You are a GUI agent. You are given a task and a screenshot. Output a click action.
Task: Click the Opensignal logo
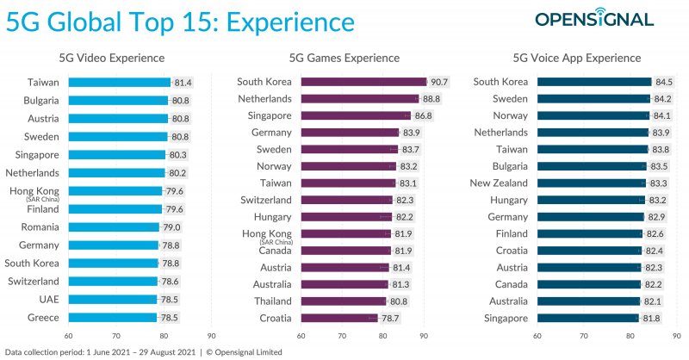click(606, 19)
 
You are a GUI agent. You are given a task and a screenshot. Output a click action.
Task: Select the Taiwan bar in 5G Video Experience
click(119, 83)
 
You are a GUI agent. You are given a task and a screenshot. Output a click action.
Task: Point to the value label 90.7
click(438, 83)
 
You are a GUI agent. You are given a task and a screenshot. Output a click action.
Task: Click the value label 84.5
click(664, 83)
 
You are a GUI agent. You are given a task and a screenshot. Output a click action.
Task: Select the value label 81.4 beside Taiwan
click(183, 83)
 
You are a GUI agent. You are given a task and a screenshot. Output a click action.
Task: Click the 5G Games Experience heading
click(356, 58)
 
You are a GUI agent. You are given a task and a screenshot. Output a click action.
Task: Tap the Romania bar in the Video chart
click(114, 227)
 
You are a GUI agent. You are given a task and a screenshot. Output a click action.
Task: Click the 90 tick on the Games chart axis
click(424, 336)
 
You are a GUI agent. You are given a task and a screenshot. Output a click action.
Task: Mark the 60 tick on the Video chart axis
click(68, 336)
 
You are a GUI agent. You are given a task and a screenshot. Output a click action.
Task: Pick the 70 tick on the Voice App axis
click(578, 336)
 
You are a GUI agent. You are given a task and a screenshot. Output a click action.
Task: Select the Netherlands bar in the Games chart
click(360, 99)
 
